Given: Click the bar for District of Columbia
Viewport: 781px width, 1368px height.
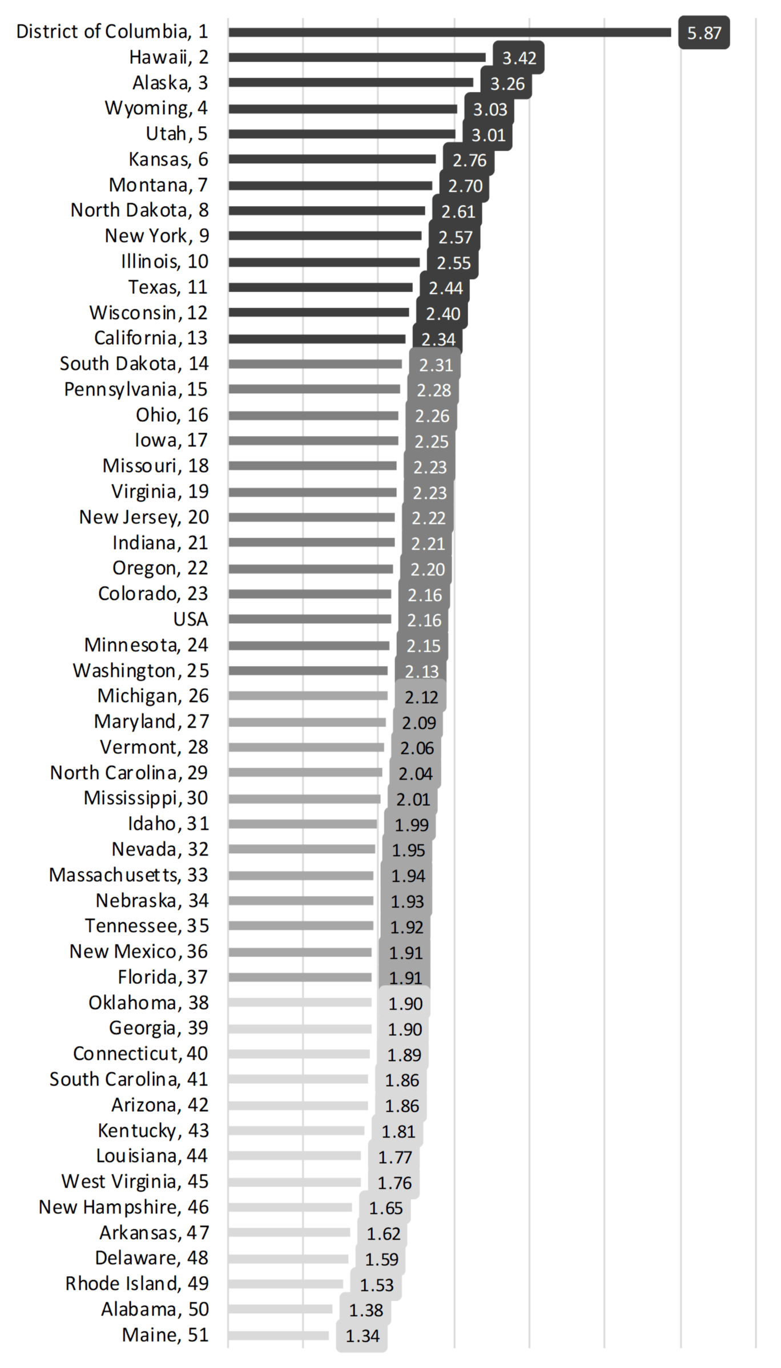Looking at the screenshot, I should pyautogui.click(x=449, y=33).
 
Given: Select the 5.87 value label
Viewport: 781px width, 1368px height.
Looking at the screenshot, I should pyautogui.click(x=704, y=33).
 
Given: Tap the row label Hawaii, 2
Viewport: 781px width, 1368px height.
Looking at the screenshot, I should pyautogui.click(x=168, y=57).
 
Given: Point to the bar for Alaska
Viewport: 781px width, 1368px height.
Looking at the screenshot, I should pyautogui.click(x=351, y=83).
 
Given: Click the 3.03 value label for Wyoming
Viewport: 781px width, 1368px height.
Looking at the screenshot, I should pyautogui.click(x=490, y=109).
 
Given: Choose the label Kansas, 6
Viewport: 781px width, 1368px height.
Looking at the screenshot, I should pyautogui.click(x=168, y=159).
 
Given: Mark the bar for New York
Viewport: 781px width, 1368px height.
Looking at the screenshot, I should pyautogui.click(x=325, y=236).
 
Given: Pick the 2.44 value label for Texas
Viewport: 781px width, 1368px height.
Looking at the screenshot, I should pyautogui.click(x=445, y=288).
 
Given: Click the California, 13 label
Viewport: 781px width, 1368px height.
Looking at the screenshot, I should pyautogui.click(x=151, y=338).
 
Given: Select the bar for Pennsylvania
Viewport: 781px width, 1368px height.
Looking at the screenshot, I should pyautogui.click(x=314, y=389).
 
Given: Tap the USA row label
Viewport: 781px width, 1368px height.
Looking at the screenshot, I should pyautogui.click(x=191, y=619).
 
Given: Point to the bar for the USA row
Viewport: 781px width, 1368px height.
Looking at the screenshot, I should pyautogui.click(x=309, y=619).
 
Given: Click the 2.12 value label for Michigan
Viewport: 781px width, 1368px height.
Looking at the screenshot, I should pyautogui.click(x=421, y=697).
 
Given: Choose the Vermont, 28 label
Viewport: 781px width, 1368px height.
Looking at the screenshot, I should pyautogui.click(x=154, y=747).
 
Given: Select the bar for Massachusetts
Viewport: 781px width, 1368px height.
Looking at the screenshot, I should pyautogui.click(x=301, y=875).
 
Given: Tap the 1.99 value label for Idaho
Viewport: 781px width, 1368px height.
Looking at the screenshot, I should pyautogui.click(x=411, y=825).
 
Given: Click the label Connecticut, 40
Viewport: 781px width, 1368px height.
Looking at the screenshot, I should pyautogui.click(x=140, y=1054).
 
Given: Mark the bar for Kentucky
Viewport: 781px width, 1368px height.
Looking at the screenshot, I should pyautogui.click(x=296, y=1131).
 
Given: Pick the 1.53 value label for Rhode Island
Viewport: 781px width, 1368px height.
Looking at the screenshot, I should pyautogui.click(x=376, y=1285).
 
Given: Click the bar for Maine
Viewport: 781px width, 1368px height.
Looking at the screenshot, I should pyautogui.click(x=279, y=1335).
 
